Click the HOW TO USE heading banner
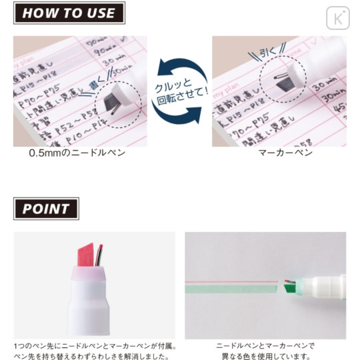coord(69,13)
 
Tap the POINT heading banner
coord(46,209)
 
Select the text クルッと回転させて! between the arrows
coord(179,92)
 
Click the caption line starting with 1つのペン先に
coord(94,346)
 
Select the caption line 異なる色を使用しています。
coord(265,356)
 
